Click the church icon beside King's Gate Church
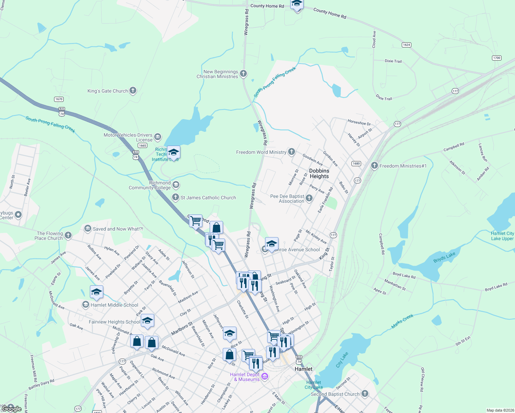[x=133, y=91]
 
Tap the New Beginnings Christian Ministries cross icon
[x=243, y=74]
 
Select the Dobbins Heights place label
[x=319, y=173]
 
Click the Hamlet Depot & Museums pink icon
[x=265, y=377]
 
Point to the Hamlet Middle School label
[x=114, y=305]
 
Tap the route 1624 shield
[x=407, y=45]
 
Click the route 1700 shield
[x=497, y=58]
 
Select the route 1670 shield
[x=59, y=99]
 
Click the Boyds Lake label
[x=444, y=257]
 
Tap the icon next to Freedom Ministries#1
[x=375, y=166]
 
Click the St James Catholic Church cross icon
[x=176, y=197]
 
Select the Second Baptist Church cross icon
[x=365, y=394]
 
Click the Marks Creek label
[x=402, y=321]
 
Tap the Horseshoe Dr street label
[x=359, y=123]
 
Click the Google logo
[x=12, y=409]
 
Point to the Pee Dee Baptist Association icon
[x=309, y=198]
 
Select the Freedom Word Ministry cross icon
[x=292, y=152]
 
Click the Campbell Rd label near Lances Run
[x=454, y=147]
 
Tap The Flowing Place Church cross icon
[x=68, y=235]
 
